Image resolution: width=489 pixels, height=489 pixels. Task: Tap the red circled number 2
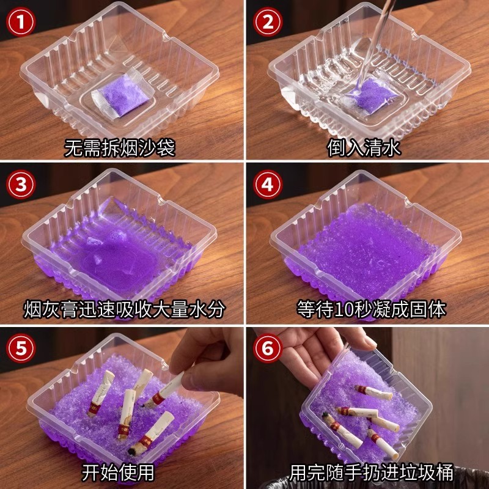point(267,24)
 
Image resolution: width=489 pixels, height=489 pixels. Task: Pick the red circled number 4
point(267,186)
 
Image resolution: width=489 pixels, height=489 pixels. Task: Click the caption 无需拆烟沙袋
point(120,148)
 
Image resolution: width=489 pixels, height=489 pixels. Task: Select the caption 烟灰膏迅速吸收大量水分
point(124,309)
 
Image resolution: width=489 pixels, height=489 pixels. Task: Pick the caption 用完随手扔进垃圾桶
point(371,472)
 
